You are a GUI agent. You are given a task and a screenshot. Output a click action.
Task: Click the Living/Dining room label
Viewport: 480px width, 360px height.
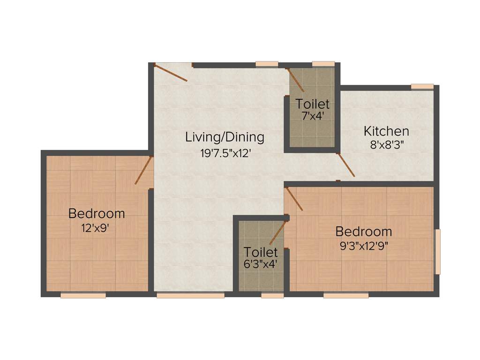225,137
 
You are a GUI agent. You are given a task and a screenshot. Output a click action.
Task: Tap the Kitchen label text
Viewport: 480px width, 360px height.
387,131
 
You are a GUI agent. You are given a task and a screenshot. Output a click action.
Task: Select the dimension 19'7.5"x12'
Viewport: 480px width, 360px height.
225,152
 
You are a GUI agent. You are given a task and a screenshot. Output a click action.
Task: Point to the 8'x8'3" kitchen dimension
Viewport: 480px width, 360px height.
387,145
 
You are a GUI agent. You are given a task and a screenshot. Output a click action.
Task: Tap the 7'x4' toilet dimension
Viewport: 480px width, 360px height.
312,116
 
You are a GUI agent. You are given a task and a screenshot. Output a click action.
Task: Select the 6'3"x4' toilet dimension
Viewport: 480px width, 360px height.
261,264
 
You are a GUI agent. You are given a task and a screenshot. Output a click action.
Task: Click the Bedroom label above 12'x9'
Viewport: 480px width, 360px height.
97,214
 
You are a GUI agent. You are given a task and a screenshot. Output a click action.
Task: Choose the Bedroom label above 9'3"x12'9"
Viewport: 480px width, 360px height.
364,232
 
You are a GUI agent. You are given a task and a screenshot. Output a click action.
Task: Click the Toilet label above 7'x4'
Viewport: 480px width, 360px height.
312,104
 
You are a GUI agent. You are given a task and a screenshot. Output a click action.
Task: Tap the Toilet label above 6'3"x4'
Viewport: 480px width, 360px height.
261,252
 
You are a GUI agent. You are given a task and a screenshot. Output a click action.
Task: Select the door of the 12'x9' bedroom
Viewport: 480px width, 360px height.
144,170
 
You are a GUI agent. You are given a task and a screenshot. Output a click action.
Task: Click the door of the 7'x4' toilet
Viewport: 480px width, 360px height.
296,80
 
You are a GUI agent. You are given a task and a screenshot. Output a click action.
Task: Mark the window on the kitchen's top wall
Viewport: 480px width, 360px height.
422,86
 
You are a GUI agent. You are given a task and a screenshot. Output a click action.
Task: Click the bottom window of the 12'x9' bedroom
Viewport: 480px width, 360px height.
83,295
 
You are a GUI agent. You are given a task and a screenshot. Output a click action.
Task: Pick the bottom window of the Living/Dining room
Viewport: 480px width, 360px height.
190,295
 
